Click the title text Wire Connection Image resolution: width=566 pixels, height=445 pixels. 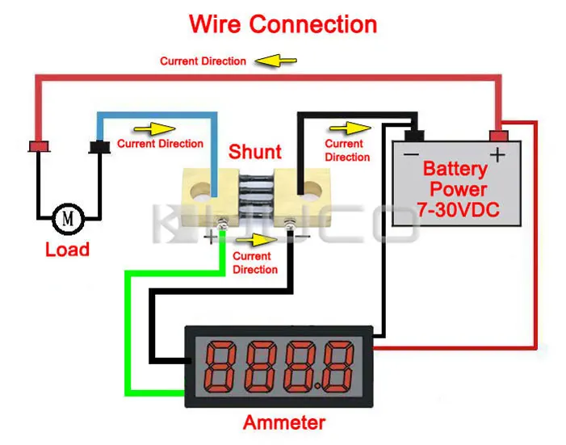point(283,23)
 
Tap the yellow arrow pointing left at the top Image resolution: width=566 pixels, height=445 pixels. point(276,61)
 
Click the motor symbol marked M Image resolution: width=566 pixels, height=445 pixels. point(68,217)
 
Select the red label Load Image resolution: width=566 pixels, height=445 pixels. point(67,250)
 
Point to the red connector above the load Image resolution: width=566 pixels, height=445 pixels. point(39,146)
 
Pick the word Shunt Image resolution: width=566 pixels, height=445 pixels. point(255,152)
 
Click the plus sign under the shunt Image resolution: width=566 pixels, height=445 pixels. point(212,237)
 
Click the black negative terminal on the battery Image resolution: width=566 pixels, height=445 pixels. point(415,135)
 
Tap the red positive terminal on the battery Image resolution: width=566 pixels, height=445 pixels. point(500,135)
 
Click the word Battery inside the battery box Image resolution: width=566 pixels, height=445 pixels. point(455,170)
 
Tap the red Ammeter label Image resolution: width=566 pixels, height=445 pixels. point(284,422)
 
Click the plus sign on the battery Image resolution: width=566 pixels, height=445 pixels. point(498,153)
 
